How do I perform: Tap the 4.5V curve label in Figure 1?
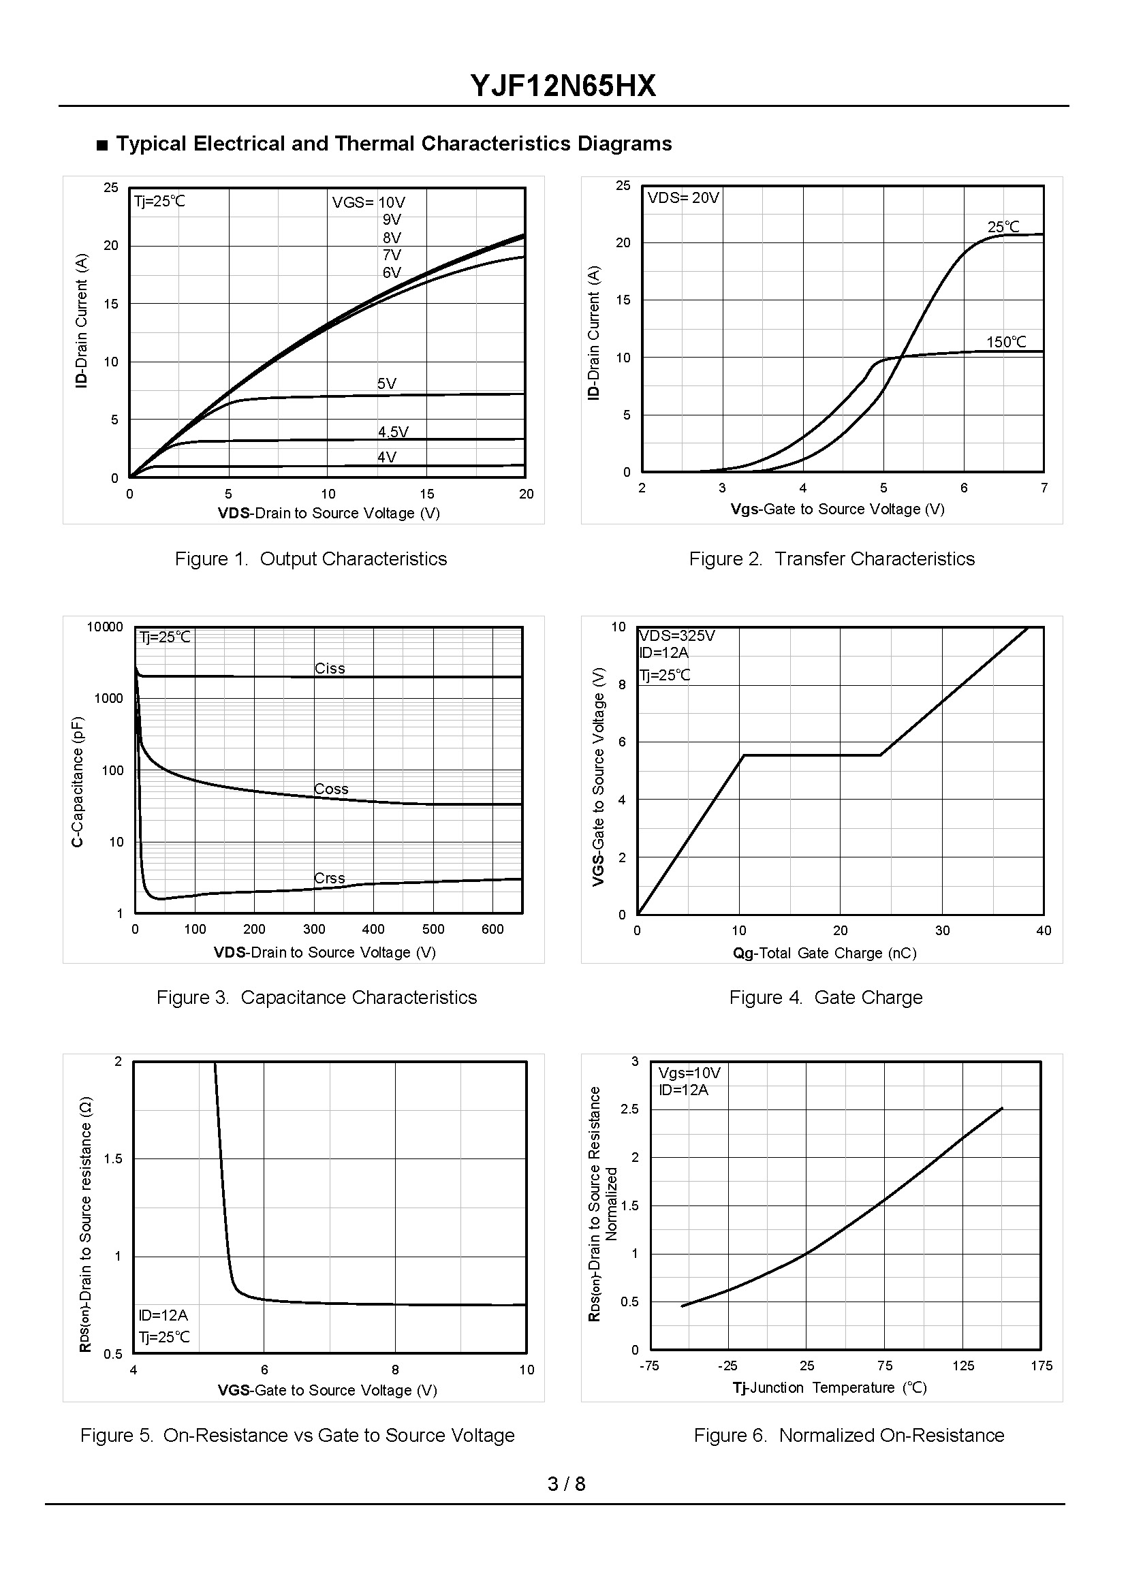pyautogui.click(x=393, y=432)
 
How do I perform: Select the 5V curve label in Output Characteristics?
pyautogui.click(x=387, y=383)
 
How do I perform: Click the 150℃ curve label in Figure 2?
pyautogui.click(x=1006, y=342)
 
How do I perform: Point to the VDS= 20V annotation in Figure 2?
pyautogui.click(x=683, y=198)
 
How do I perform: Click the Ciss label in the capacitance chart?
pyautogui.click(x=329, y=668)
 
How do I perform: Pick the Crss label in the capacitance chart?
pyautogui.click(x=329, y=878)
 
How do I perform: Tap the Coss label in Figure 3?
pyautogui.click(x=330, y=789)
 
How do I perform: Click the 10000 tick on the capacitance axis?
pyautogui.click(x=105, y=627)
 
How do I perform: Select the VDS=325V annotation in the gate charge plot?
pyautogui.click(x=676, y=636)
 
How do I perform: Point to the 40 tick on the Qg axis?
pyautogui.click(x=1044, y=930)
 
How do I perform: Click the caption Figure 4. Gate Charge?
pyautogui.click(x=825, y=997)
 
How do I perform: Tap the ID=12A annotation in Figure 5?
pyautogui.click(x=163, y=1315)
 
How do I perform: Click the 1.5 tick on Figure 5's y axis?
pyautogui.click(x=112, y=1158)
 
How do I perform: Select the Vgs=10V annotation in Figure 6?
pyautogui.click(x=689, y=1073)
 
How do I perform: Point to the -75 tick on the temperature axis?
pyautogui.click(x=648, y=1366)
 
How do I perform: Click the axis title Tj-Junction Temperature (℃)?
pyautogui.click(x=830, y=1387)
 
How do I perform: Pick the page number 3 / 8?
pyautogui.click(x=566, y=1484)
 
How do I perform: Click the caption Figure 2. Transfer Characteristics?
pyautogui.click(x=832, y=559)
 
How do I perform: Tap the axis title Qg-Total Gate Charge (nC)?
pyautogui.click(x=824, y=953)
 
